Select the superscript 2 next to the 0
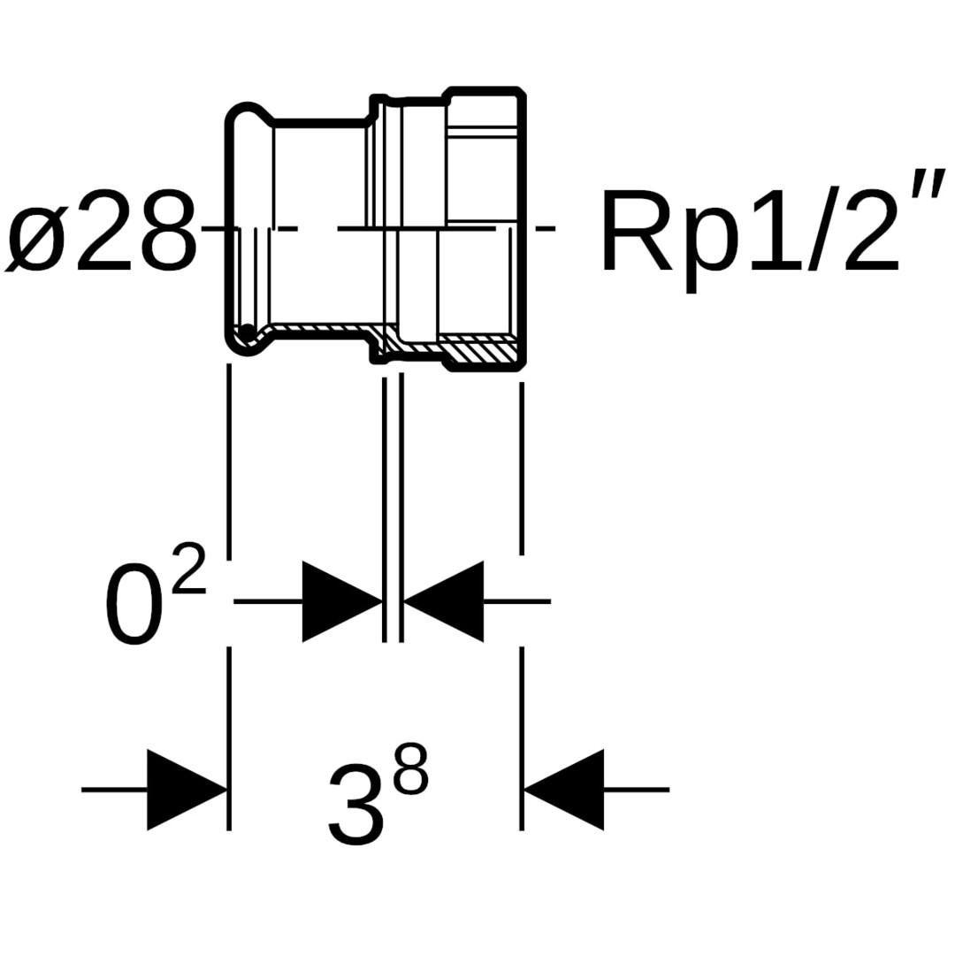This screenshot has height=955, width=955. coord(189,568)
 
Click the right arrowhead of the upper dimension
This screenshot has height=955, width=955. coord(444,602)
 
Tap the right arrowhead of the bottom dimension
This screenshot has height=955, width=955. coord(564,790)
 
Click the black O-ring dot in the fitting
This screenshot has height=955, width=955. coord(248,332)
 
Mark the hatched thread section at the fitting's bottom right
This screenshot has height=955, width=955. coord(477,351)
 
